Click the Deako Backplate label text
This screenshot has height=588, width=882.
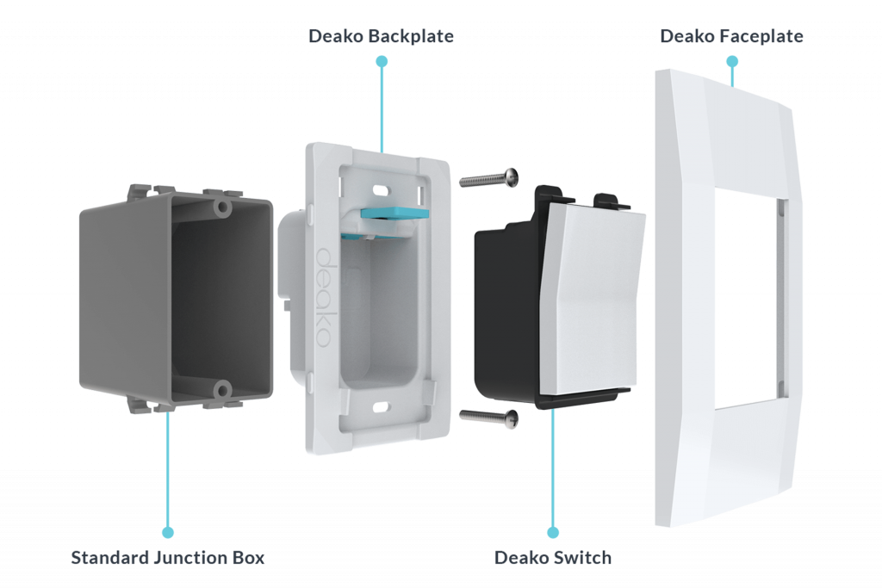(x=381, y=36)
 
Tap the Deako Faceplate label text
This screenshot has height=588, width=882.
(x=731, y=36)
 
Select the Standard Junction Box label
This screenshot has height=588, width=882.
(x=168, y=557)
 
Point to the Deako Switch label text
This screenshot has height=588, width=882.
(x=552, y=557)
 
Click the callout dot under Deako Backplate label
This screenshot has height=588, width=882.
(x=382, y=61)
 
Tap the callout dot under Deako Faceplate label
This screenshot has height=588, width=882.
(x=732, y=61)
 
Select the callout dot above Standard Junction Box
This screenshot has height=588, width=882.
(x=168, y=532)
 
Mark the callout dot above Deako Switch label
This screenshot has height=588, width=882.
(x=553, y=532)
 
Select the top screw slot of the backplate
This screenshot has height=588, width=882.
(x=380, y=187)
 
